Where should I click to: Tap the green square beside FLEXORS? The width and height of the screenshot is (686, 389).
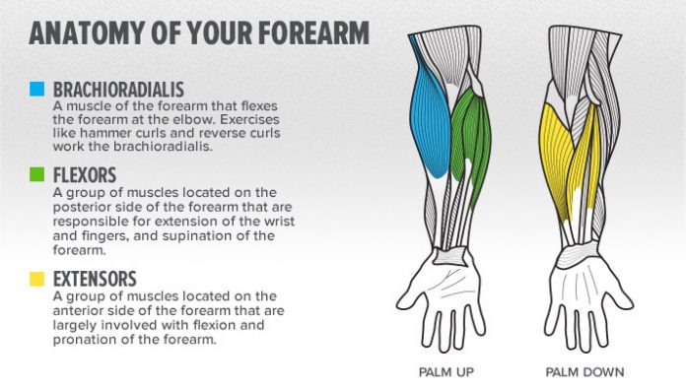pyautogui.click(x=36, y=175)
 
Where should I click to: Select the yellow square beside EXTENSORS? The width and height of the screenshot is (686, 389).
pyautogui.click(x=36, y=280)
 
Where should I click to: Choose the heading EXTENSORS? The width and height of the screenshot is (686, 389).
pyautogui.click(x=96, y=280)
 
